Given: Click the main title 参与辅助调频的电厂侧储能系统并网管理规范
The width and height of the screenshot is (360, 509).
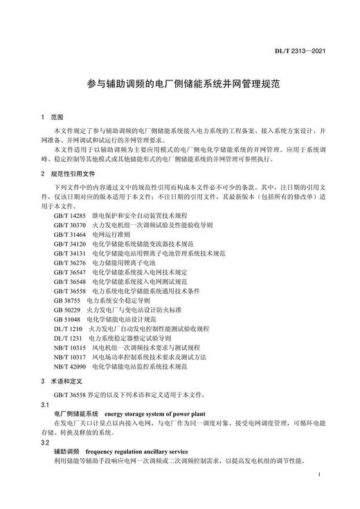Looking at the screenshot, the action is click(x=179, y=82).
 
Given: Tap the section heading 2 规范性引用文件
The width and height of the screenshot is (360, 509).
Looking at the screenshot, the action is click(x=68, y=173).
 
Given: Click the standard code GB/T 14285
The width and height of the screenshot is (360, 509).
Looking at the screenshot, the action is click(x=69, y=216).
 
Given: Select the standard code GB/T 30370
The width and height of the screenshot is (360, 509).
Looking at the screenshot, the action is click(x=69, y=225).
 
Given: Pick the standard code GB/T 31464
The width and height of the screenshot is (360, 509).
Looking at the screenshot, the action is click(x=69, y=235).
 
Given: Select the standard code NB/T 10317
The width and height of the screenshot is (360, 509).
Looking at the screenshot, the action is click(x=69, y=357).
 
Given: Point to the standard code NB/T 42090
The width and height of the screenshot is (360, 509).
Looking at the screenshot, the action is click(x=69, y=366).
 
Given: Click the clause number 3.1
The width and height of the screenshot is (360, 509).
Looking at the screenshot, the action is click(x=45, y=402).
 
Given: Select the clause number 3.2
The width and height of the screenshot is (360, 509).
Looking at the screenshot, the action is click(x=45, y=441).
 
